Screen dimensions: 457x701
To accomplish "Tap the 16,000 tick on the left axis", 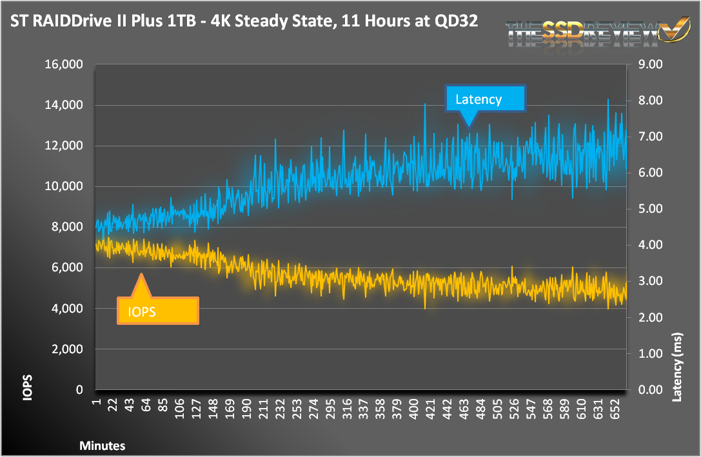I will [x=64, y=64].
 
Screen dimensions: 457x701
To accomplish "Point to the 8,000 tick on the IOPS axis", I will [x=67, y=227].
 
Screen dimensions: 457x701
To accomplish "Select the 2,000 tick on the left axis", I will [x=67, y=349].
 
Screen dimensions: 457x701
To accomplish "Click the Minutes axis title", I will [x=103, y=445].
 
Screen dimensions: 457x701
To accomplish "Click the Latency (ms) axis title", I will [x=676, y=368].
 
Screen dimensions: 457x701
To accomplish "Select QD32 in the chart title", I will [x=455, y=21].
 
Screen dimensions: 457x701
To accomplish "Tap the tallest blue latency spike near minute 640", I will [x=607, y=101].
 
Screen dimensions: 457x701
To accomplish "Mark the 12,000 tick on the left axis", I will [x=64, y=146].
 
